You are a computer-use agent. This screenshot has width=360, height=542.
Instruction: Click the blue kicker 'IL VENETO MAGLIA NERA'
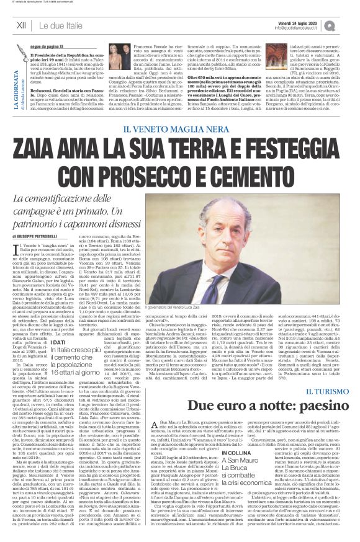[179, 129]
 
